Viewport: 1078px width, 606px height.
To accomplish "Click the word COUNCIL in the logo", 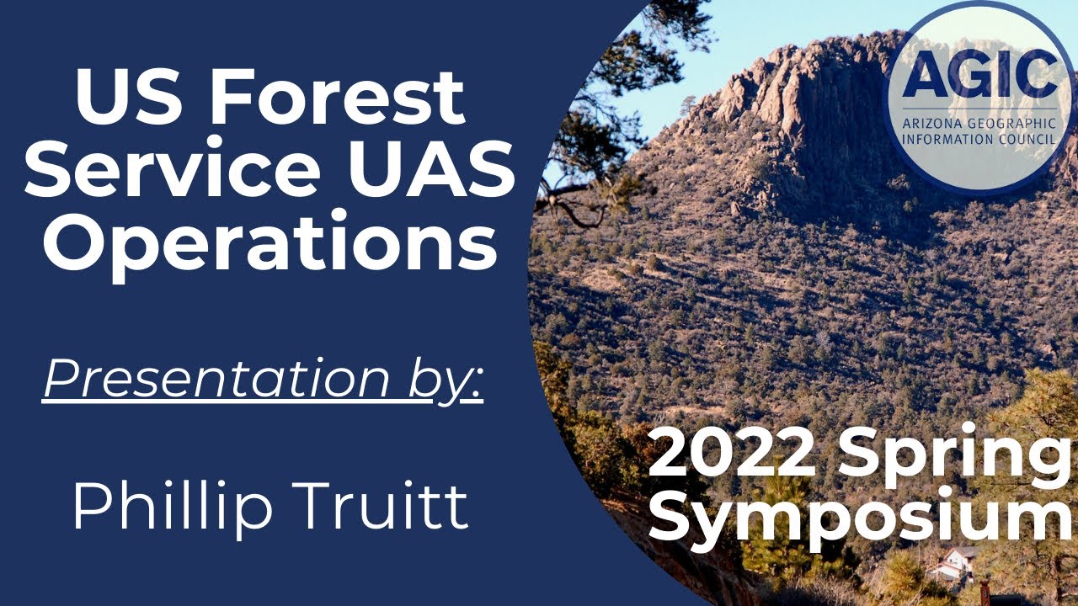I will [x=1027, y=138].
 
